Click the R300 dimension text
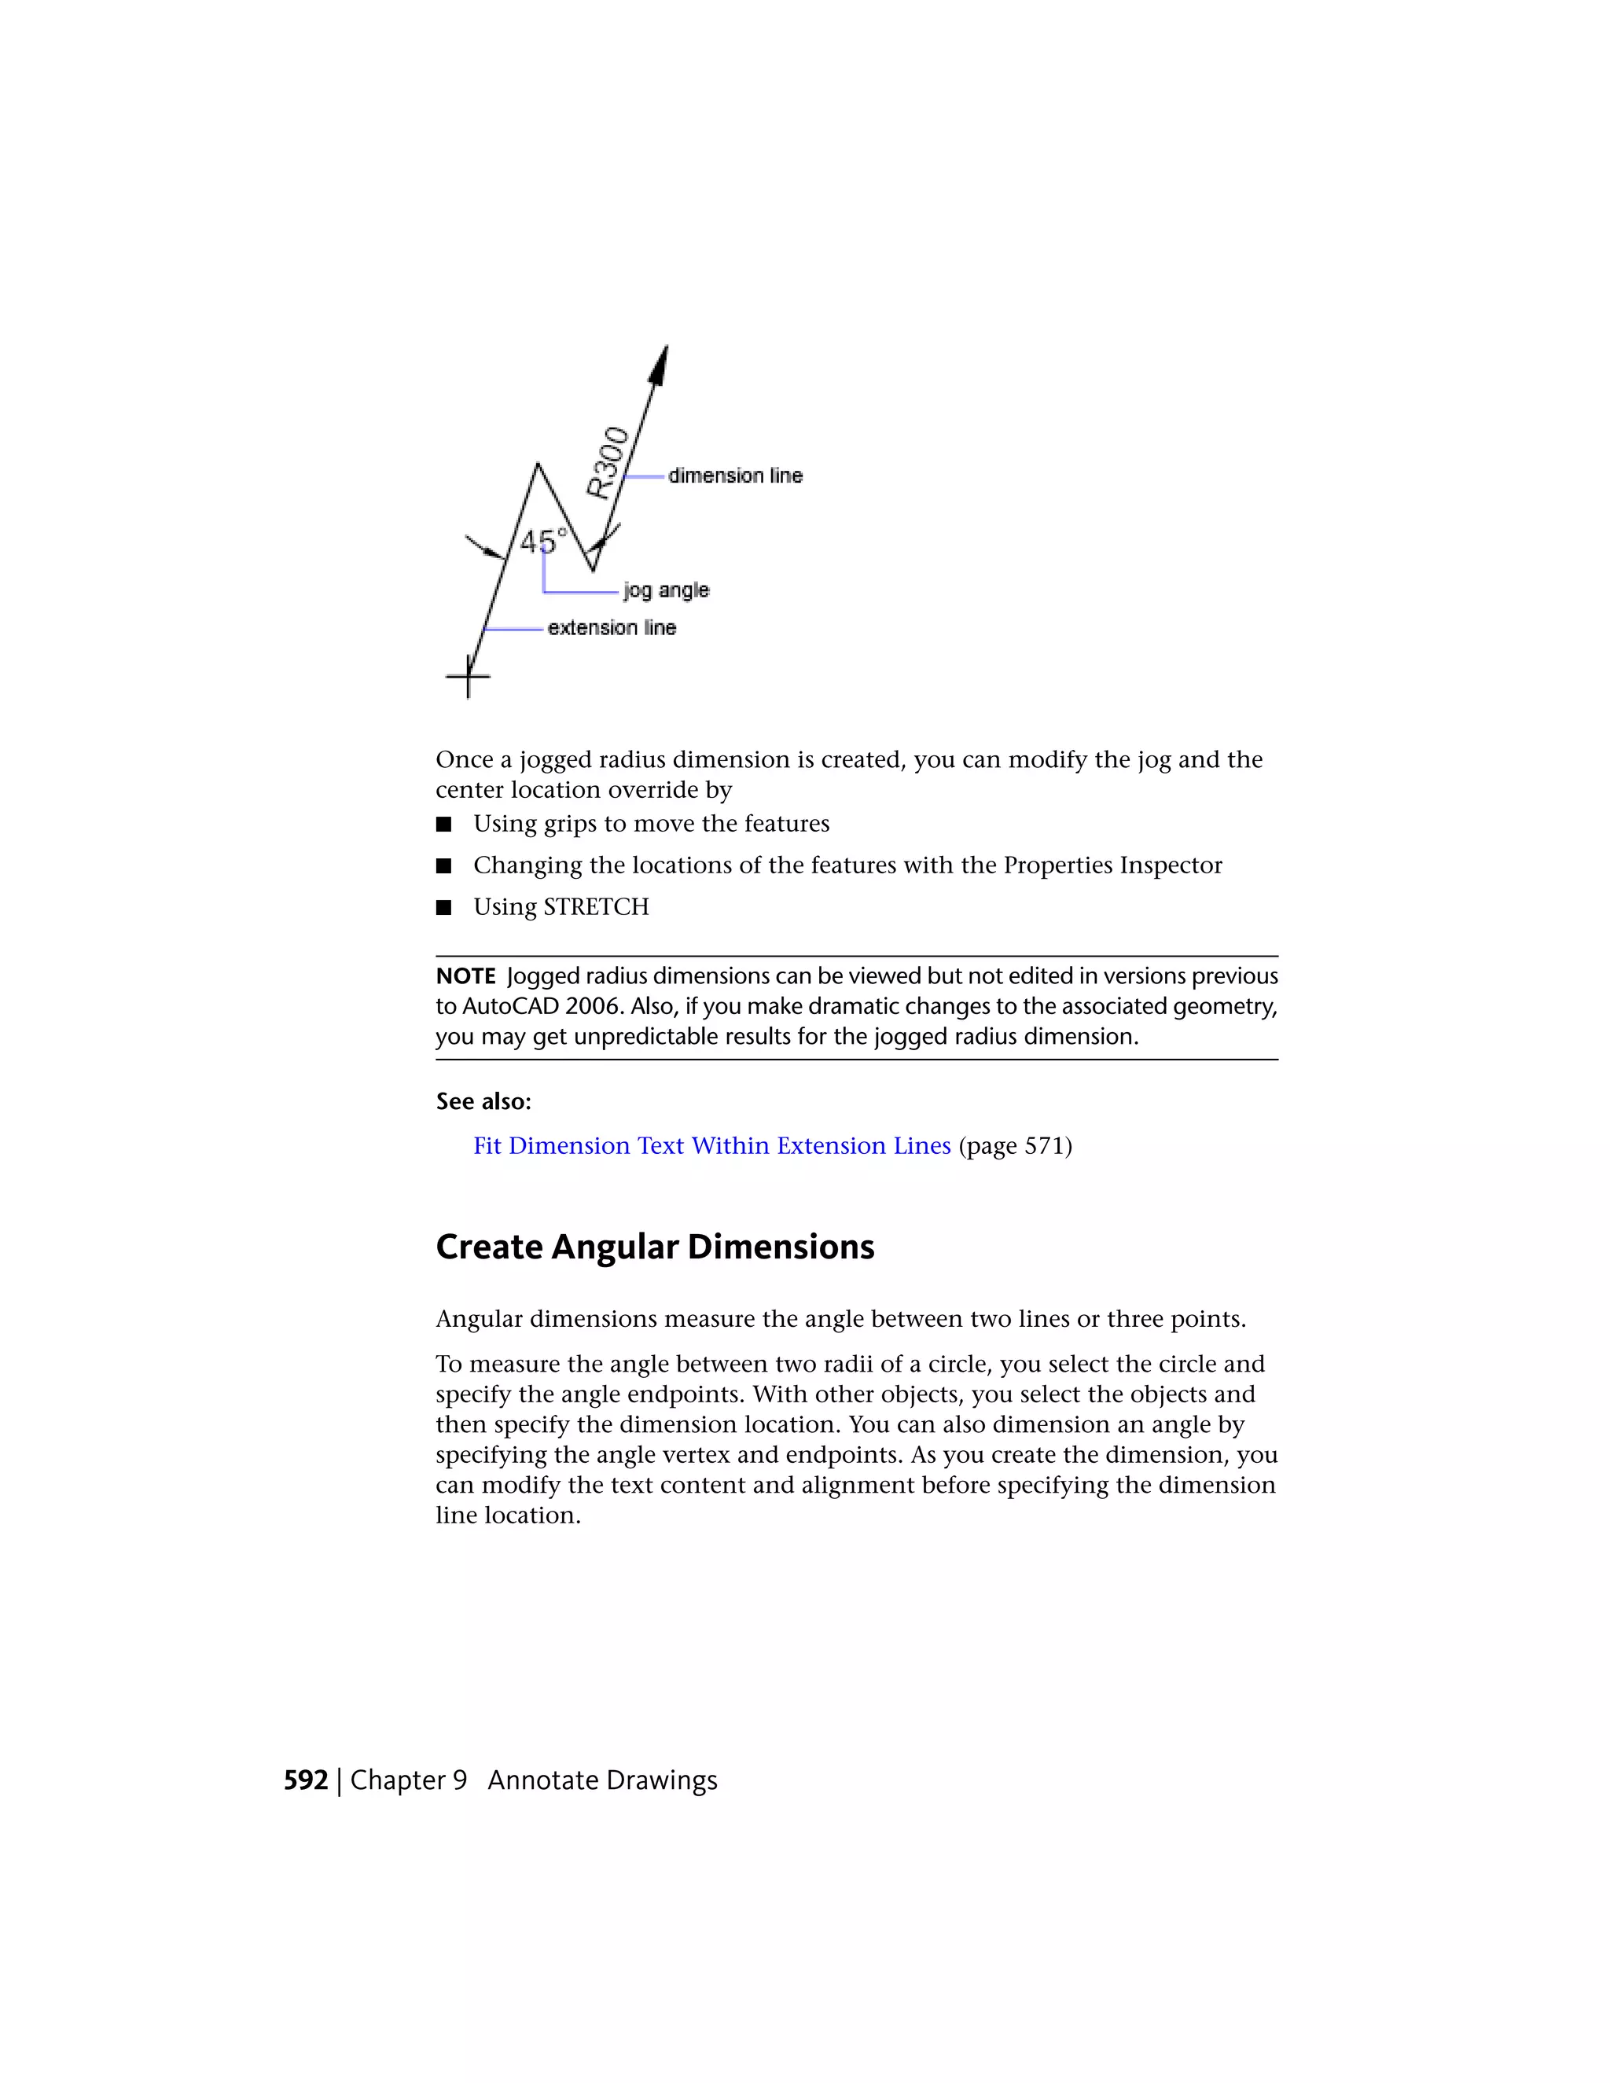point(607,464)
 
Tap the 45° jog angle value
point(542,542)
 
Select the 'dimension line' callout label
point(735,475)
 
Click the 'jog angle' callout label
point(666,590)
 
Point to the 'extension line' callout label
point(612,627)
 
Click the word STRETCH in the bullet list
point(595,907)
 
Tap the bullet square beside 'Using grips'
point(443,824)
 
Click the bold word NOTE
point(465,976)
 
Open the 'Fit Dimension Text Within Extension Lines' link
point(711,1145)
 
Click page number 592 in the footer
point(305,1780)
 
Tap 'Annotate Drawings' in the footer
point(602,1780)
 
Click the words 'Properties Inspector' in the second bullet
point(1112,865)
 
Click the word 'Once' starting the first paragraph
point(465,760)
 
